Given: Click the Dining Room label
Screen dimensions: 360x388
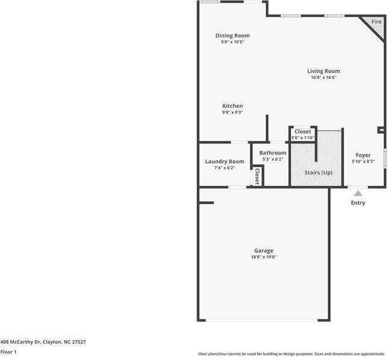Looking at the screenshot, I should tap(233, 36).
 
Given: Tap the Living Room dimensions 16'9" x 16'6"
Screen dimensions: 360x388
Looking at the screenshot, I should tap(324, 78).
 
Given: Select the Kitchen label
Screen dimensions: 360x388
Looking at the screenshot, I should tap(233, 106).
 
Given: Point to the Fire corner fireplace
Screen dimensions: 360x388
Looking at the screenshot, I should tap(375, 22).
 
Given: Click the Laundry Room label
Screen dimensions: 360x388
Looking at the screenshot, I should tap(225, 161).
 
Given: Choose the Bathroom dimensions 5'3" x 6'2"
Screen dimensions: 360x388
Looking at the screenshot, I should tap(272, 160).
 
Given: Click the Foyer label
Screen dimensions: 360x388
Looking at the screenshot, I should tap(363, 155).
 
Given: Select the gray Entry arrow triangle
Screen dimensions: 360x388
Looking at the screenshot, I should tap(358, 193).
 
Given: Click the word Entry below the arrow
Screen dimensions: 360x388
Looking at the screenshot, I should tap(358, 203).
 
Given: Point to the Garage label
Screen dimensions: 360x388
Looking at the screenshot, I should tap(263, 250).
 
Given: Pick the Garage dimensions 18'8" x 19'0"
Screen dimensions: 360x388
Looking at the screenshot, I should tap(263, 257).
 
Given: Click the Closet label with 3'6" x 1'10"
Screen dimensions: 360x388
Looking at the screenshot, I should tap(302, 131).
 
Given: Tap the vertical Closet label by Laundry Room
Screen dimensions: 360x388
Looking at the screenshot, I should tap(257, 176).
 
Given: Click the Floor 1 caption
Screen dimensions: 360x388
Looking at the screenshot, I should tap(8, 352).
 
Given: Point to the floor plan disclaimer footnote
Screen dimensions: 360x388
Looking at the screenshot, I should tap(291, 354).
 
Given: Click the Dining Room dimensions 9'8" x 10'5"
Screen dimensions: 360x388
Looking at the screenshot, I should tap(233, 42).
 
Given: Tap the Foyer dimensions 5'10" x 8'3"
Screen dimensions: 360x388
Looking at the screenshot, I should tap(363, 161).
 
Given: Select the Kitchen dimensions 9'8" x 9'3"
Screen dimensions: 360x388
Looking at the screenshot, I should tap(233, 113).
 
